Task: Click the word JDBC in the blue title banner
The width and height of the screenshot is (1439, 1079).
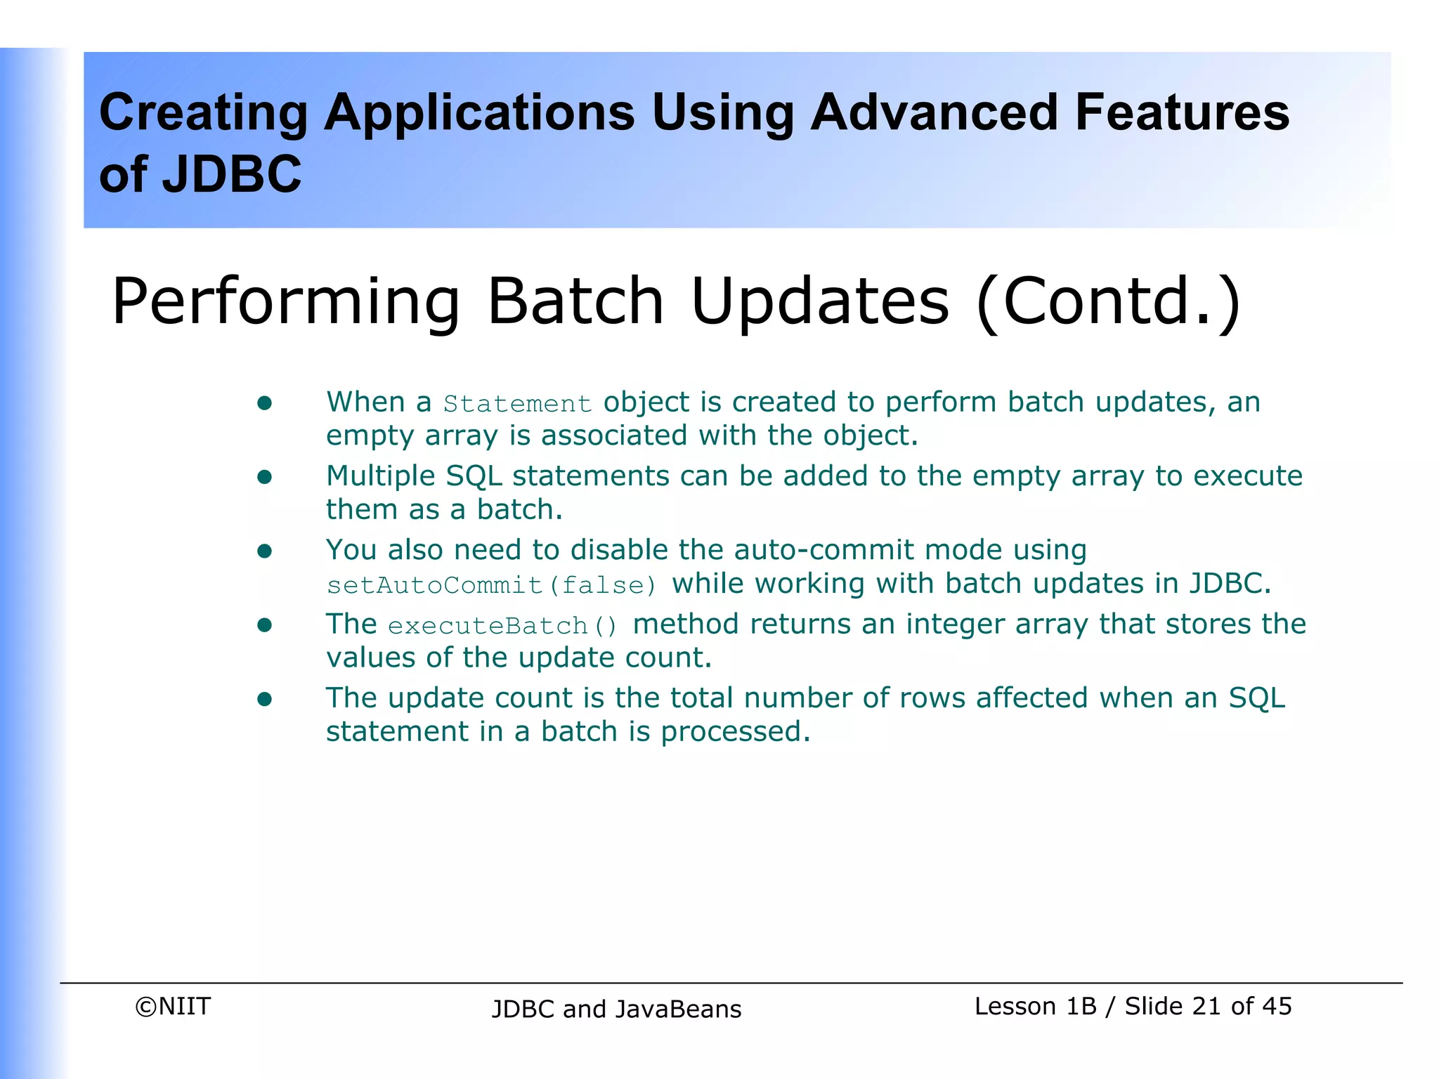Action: (232, 175)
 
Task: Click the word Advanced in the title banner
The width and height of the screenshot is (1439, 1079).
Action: (934, 112)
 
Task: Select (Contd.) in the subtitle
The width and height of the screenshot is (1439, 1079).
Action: (1108, 302)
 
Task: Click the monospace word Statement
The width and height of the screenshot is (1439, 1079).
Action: (517, 404)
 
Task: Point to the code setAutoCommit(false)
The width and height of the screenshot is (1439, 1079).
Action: (492, 585)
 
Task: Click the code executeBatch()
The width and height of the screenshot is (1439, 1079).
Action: (502, 625)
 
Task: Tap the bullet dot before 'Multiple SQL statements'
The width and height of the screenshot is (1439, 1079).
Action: (264, 478)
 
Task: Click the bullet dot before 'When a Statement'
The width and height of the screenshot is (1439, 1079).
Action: (264, 403)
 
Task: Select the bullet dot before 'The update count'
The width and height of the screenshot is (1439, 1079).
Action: (264, 699)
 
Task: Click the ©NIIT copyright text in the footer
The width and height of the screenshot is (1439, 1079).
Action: (173, 1007)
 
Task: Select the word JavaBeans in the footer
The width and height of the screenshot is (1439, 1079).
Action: (678, 1009)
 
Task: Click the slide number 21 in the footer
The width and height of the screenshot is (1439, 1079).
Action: (1206, 1007)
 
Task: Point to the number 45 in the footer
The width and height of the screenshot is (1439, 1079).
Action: (1277, 1007)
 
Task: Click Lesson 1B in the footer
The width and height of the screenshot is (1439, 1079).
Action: (1035, 1007)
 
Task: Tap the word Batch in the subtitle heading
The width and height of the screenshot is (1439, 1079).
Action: (575, 302)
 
